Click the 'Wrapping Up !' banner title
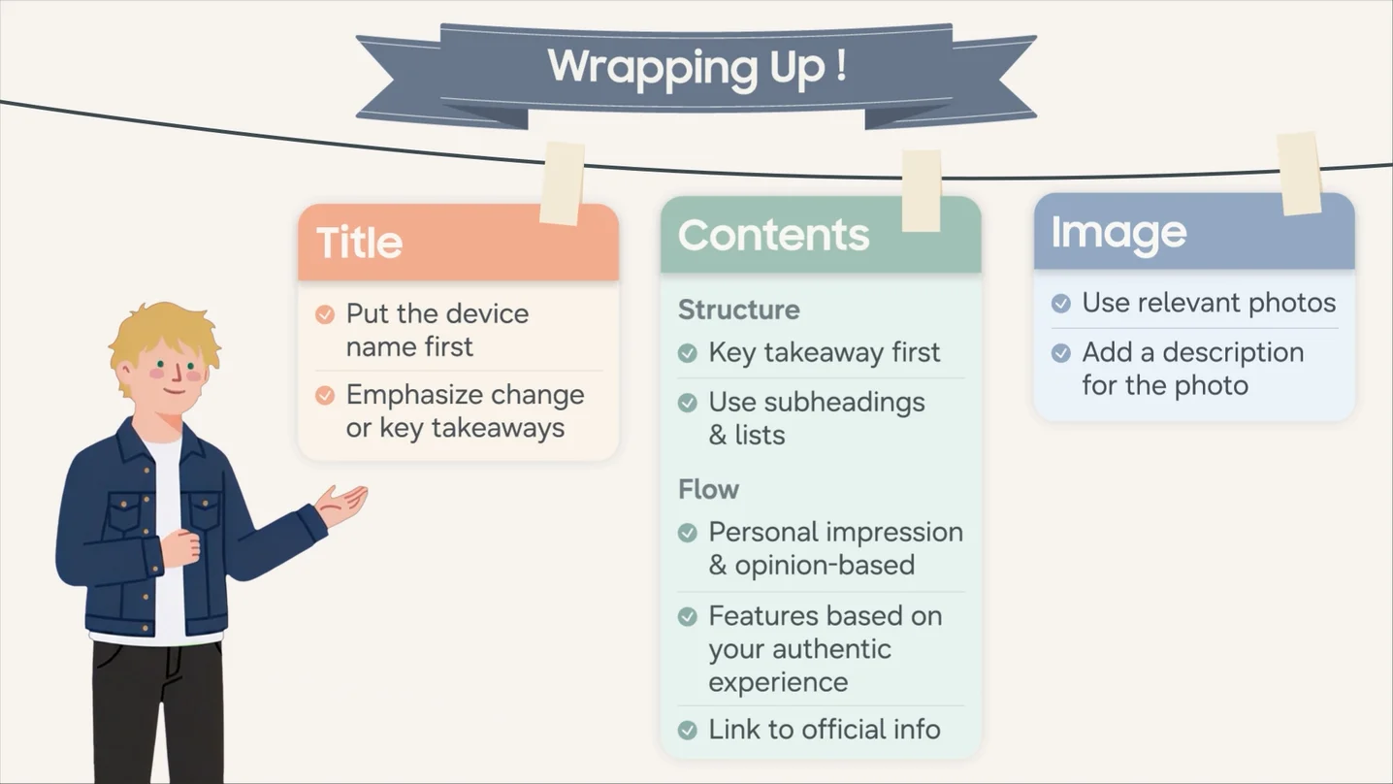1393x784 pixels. coord(696,67)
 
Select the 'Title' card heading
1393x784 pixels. coord(360,242)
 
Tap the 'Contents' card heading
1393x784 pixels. coord(773,235)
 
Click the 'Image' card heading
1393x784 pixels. coord(1118,234)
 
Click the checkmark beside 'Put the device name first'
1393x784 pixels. coord(325,314)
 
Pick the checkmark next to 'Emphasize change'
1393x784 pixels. coord(325,395)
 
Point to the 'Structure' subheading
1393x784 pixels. coord(739,310)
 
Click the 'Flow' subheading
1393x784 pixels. coord(708,490)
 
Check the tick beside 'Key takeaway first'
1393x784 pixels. coord(687,353)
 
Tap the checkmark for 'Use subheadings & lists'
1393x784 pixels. coord(687,403)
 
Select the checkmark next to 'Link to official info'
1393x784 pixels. coord(687,730)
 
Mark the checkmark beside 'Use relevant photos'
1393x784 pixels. coord(1061,304)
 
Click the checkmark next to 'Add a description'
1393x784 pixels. coord(1061,353)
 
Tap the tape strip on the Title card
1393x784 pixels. coord(562,183)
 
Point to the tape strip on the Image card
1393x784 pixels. coord(1299,174)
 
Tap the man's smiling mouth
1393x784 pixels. coord(175,391)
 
